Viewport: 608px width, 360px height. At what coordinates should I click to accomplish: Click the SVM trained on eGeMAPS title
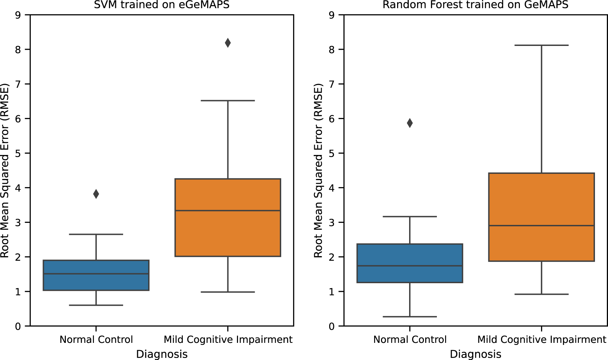click(x=162, y=5)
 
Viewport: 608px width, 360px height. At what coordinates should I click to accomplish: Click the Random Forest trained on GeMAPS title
click(x=475, y=5)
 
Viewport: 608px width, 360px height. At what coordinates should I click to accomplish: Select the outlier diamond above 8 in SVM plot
click(x=228, y=43)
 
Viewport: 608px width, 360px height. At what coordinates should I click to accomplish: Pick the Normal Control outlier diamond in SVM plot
click(x=96, y=194)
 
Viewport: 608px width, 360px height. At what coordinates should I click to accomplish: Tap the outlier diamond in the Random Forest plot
click(x=410, y=123)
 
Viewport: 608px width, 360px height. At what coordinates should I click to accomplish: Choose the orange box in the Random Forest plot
click(x=541, y=199)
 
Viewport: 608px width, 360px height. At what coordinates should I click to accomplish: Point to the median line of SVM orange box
click(x=228, y=211)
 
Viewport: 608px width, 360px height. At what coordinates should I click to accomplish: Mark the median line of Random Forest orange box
click(x=541, y=226)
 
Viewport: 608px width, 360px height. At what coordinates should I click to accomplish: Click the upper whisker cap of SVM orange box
click(x=228, y=100)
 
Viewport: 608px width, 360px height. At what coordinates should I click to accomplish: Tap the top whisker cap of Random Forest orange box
click(x=541, y=45)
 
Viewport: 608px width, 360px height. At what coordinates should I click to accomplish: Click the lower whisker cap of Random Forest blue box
click(x=410, y=316)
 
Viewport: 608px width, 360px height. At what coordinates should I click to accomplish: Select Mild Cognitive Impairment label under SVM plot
click(x=228, y=339)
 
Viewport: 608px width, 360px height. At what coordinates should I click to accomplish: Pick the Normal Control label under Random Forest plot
click(x=410, y=339)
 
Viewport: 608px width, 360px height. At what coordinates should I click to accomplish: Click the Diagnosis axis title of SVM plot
click(x=162, y=354)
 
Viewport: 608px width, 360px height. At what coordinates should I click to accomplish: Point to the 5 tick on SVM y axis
click(x=18, y=153)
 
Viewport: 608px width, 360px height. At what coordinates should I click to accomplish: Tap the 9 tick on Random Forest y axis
click(x=332, y=15)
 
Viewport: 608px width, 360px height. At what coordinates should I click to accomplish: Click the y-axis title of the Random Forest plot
click(x=318, y=170)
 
